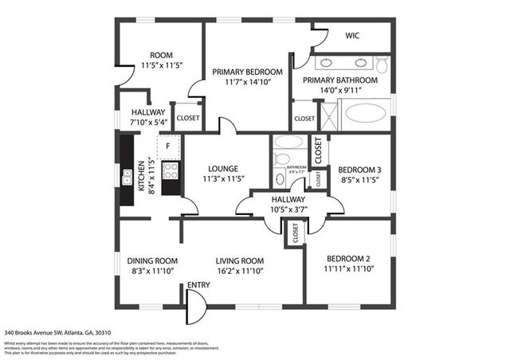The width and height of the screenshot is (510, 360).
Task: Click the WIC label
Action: (x=353, y=36)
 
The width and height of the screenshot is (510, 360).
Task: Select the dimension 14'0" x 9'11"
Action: (x=340, y=90)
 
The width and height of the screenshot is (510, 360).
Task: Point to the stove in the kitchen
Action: (x=171, y=170)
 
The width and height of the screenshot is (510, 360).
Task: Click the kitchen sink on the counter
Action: (x=127, y=177)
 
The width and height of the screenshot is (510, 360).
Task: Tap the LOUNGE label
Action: (x=223, y=168)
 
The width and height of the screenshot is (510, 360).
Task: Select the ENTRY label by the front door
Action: (x=198, y=285)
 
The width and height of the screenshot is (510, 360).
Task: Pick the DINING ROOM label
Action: (x=152, y=260)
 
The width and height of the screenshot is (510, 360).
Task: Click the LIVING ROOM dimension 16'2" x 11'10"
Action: (x=241, y=272)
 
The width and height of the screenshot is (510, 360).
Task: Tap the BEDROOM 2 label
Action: (x=348, y=258)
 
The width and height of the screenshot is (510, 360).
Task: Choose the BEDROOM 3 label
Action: (x=359, y=170)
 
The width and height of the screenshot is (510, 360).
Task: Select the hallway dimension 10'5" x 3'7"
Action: (x=288, y=209)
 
